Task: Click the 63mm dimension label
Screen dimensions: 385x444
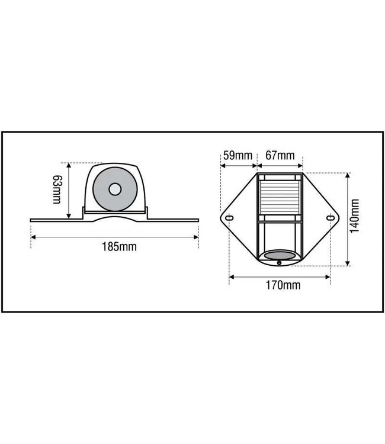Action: pos(57,189)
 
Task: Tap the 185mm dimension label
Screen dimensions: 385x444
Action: pos(119,247)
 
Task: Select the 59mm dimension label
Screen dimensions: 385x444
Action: pos(238,156)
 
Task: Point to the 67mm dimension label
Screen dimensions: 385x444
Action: pos(280,156)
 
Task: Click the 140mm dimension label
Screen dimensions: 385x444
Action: pos(355,216)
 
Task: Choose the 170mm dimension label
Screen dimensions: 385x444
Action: pos(283,285)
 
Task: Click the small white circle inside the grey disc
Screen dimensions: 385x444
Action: pos(115,189)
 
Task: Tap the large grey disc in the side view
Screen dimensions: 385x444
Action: pos(115,189)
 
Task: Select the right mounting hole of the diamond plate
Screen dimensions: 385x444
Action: pos(330,218)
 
